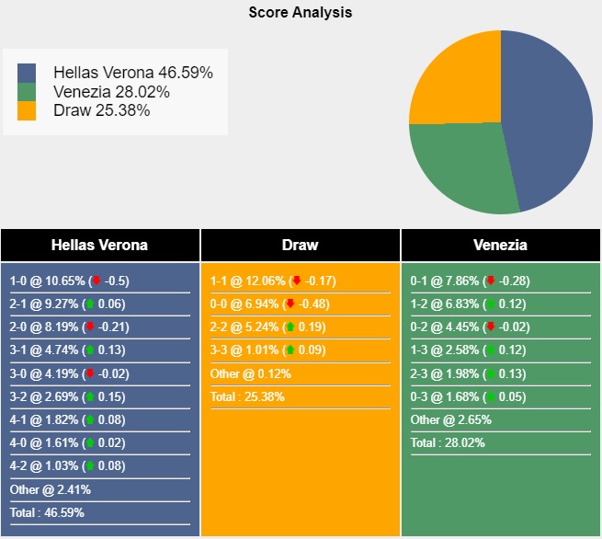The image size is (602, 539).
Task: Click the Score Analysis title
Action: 301,13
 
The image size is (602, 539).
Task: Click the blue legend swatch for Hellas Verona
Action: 27,73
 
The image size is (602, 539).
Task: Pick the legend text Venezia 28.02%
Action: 111,92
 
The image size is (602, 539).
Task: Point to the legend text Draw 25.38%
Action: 101,110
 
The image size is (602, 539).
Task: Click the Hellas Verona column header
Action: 99,245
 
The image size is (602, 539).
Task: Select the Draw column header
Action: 300,245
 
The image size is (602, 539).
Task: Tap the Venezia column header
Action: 500,245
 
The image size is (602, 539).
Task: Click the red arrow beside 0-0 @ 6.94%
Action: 290,304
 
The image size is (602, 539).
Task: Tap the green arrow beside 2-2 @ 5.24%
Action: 290,327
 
